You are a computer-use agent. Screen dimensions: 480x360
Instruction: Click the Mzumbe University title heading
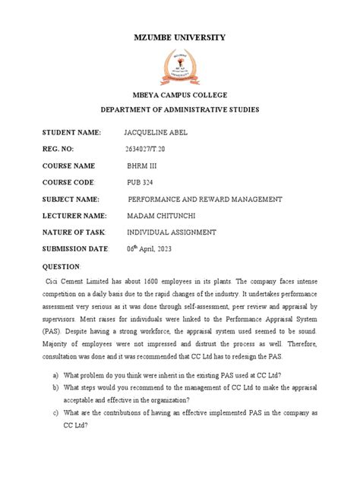(x=179, y=37)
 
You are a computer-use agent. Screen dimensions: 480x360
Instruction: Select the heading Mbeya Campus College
(x=179, y=96)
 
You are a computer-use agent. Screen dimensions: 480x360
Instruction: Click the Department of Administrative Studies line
(x=179, y=110)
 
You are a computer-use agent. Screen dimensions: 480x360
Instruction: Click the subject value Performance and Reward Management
(x=207, y=199)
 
